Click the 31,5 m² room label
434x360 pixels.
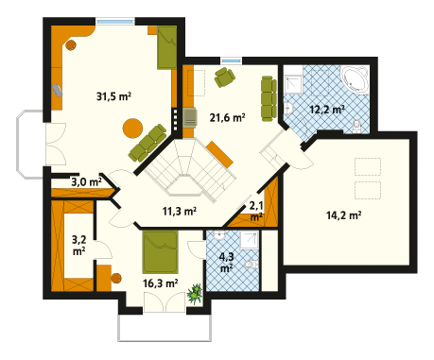tap(113, 96)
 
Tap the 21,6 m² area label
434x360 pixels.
tap(227, 118)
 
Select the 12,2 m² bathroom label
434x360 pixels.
tap(327, 110)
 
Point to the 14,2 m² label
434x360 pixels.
tap(343, 215)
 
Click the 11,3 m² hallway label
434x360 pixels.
tap(180, 211)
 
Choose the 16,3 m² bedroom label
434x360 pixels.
tap(160, 283)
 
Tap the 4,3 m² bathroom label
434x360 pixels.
tap(226, 262)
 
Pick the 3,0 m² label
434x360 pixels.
tap(86, 181)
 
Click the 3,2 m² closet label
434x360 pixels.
tap(78, 245)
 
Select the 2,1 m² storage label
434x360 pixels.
tap(256, 212)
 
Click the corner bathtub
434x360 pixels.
tap(356, 79)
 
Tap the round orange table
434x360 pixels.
tap(132, 128)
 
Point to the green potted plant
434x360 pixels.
tap(195, 294)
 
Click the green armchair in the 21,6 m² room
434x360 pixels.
tap(224, 77)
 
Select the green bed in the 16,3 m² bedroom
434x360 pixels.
tap(161, 252)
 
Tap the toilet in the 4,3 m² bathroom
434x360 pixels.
tap(252, 265)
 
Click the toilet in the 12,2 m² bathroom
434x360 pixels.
tap(356, 126)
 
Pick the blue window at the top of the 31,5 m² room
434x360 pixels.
tap(115, 22)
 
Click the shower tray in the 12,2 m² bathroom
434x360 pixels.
tap(293, 84)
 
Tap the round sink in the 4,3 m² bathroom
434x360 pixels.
tap(218, 235)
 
